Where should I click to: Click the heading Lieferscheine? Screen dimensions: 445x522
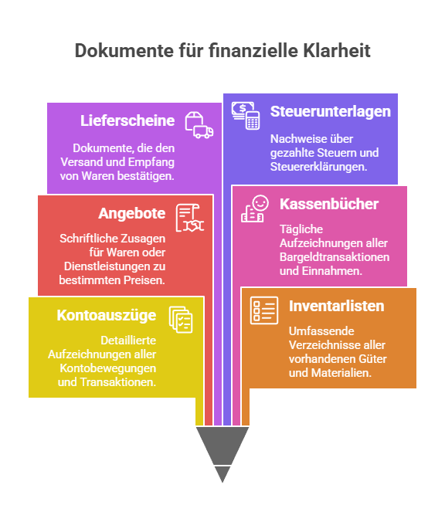click(127, 120)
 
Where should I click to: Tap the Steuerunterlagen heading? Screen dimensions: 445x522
click(331, 111)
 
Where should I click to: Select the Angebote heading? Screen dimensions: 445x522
click(132, 213)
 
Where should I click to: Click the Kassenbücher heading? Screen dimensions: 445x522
click(329, 204)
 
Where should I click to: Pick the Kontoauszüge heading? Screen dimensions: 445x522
click(107, 315)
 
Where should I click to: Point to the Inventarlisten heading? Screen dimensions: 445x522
click(336, 306)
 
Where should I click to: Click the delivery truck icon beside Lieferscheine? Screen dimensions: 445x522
click(199, 125)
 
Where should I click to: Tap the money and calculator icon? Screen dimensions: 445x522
click(246, 116)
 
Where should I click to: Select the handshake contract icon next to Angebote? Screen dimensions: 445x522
click(190, 218)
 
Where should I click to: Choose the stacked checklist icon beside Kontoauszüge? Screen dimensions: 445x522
click(181, 320)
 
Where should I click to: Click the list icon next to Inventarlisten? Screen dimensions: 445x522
click(264, 310)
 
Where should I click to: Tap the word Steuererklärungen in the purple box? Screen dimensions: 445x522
click(318, 167)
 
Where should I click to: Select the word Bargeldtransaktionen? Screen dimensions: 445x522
click(335, 257)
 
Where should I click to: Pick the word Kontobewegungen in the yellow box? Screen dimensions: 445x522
click(108, 368)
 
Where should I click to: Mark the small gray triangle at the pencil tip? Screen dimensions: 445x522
click(222, 473)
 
